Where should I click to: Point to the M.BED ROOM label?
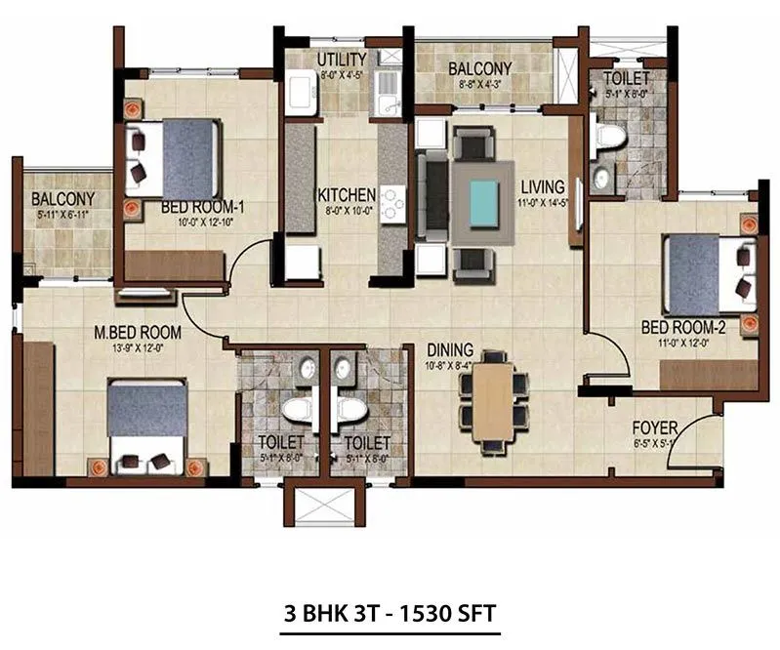(x=138, y=332)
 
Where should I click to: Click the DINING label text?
(x=449, y=349)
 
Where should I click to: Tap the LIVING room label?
(x=542, y=186)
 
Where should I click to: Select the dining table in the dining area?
(x=493, y=400)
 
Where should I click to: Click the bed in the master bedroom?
(x=146, y=425)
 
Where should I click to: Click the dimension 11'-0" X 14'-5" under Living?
(x=542, y=202)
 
